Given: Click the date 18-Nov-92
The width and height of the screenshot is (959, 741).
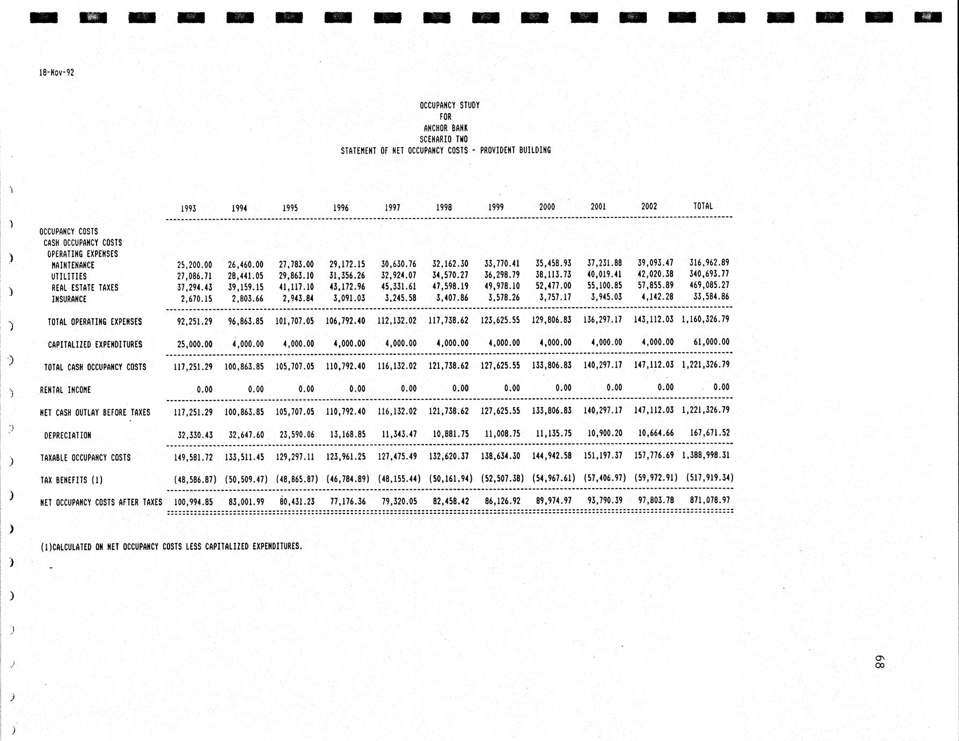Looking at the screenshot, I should tap(56, 72).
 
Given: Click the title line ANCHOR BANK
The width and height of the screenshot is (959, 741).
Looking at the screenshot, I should tap(445, 128).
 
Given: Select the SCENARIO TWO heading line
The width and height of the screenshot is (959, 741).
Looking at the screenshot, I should tap(443, 140).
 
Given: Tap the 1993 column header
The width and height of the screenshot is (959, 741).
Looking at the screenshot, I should tap(188, 208).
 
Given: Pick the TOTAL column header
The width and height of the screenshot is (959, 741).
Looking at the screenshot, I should tap(703, 206).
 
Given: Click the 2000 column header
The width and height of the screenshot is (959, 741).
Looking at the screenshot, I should tap(547, 207).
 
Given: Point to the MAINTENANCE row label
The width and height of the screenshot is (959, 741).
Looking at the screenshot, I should tap(73, 265).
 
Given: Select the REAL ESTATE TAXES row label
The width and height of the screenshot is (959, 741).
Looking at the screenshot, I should tap(85, 288).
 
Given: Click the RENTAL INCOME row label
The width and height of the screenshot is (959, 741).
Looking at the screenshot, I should tap(65, 390).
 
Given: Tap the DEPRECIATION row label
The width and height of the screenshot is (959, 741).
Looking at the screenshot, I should tap(68, 435).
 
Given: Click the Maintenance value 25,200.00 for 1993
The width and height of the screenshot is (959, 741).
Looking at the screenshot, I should tap(194, 265).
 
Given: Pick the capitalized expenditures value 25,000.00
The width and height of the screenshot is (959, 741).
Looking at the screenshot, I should tap(194, 344).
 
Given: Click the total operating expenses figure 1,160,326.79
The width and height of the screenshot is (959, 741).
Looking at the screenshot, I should tap(705, 319).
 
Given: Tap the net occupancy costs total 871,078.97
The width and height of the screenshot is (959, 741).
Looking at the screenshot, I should tap(709, 500).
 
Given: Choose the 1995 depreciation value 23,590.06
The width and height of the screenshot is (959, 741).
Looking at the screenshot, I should tap(296, 434).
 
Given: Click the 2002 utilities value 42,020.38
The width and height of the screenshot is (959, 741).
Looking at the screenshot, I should tap(655, 274).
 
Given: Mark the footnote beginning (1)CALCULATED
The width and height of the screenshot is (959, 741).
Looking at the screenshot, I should tap(171, 547).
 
